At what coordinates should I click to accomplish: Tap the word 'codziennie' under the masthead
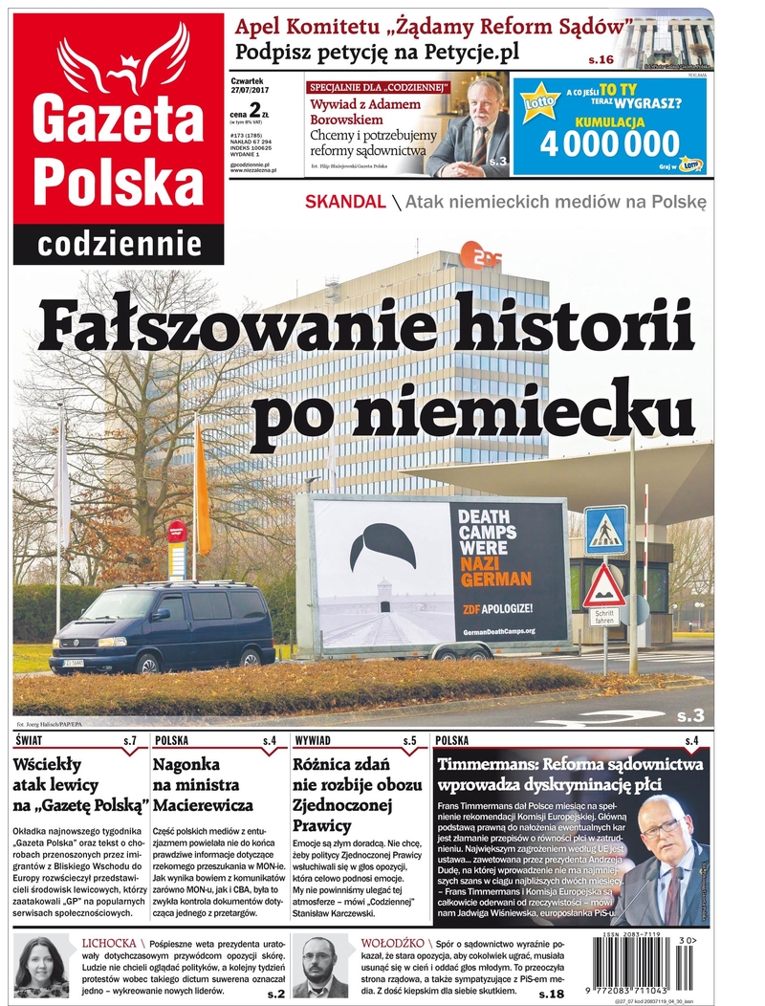tap(120, 245)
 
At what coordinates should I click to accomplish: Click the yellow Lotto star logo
tap(540, 100)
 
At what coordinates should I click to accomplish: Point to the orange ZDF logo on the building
tap(475, 254)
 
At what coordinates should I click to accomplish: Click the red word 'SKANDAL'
tap(345, 202)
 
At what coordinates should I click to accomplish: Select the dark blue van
tap(163, 629)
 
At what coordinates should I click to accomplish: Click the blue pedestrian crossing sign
tap(605, 529)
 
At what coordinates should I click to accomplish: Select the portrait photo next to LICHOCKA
tap(41, 966)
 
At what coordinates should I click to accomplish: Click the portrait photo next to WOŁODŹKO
tap(320, 966)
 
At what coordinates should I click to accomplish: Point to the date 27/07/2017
tap(251, 92)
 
